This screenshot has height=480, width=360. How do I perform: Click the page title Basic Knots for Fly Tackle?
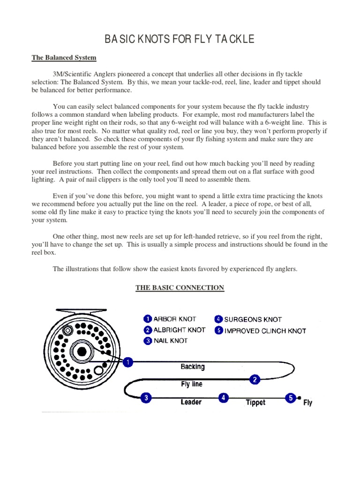pyautogui.click(x=180, y=39)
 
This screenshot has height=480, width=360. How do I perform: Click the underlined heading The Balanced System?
pyautogui.click(x=64, y=58)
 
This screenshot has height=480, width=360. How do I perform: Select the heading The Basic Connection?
pyautogui.click(x=180, y=288)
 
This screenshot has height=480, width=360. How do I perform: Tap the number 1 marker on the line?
pyautogui.click(x=127, y=362)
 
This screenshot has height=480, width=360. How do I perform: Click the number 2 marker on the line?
pyautogui.click(x=255, y=380)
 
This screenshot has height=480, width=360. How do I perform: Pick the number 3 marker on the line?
pyautogui.click(x=146, y=398)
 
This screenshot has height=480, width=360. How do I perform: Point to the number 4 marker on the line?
pyautogui.click(x=224, y=398)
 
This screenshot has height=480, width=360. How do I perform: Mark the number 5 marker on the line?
pyautogui.click(x=291, y=398)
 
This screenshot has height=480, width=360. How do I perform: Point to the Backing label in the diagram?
pyautogui.click(x=193, y=367)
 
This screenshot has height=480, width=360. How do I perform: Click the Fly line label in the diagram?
pyautogui.click(x=192, y=384)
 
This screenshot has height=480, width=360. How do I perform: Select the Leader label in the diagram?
pyautogui.click(x=191, y=402)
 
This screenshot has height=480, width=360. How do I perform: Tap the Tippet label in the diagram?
pyautogui.click(x=255, y=402)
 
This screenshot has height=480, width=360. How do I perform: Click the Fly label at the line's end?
pyautogui.click(x=308, y=402)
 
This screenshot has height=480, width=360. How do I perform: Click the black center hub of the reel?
pyautogui.click(x=82, y=352)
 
